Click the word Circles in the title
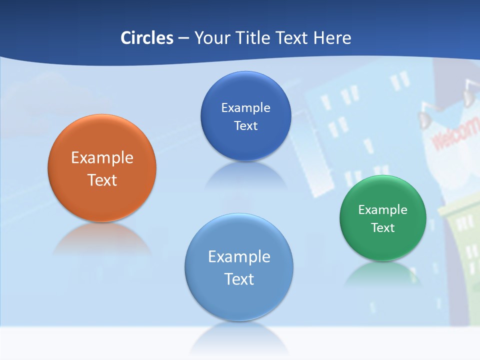point(147,38)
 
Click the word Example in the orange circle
point(102,158)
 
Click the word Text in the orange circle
point(102,180)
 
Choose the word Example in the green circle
point(383,210)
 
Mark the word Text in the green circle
point(383,228)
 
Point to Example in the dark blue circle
point(245,108)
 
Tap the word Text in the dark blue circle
point(245,126)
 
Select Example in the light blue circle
point(239,257)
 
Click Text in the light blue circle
point(239,279)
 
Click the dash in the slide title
point(183,38)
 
